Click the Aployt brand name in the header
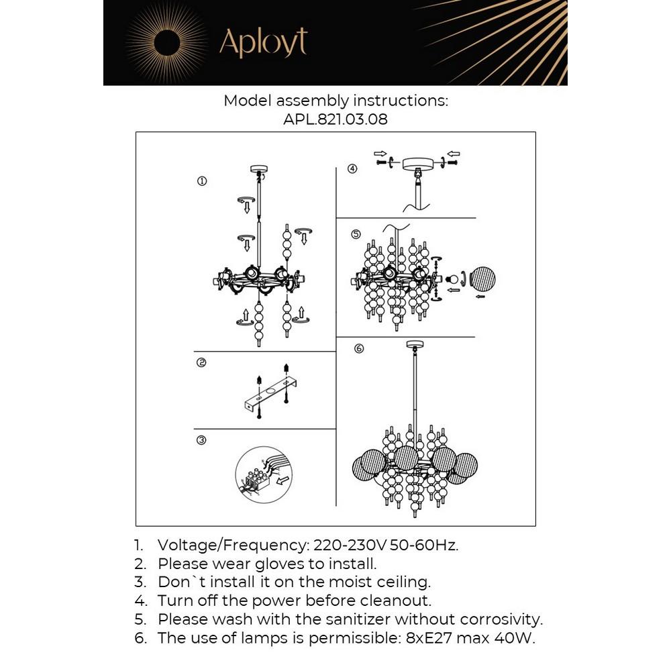pos(263,43)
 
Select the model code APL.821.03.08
pos(335,119)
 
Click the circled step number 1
pos(201,181)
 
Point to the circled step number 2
pos(201,363)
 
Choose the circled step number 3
pos(201,441)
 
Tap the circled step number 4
pos(353,168)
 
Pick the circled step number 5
pos(356,234)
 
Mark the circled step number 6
pos(358,348)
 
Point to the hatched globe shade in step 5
pos(483,280)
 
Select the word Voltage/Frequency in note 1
pos(231,545)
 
